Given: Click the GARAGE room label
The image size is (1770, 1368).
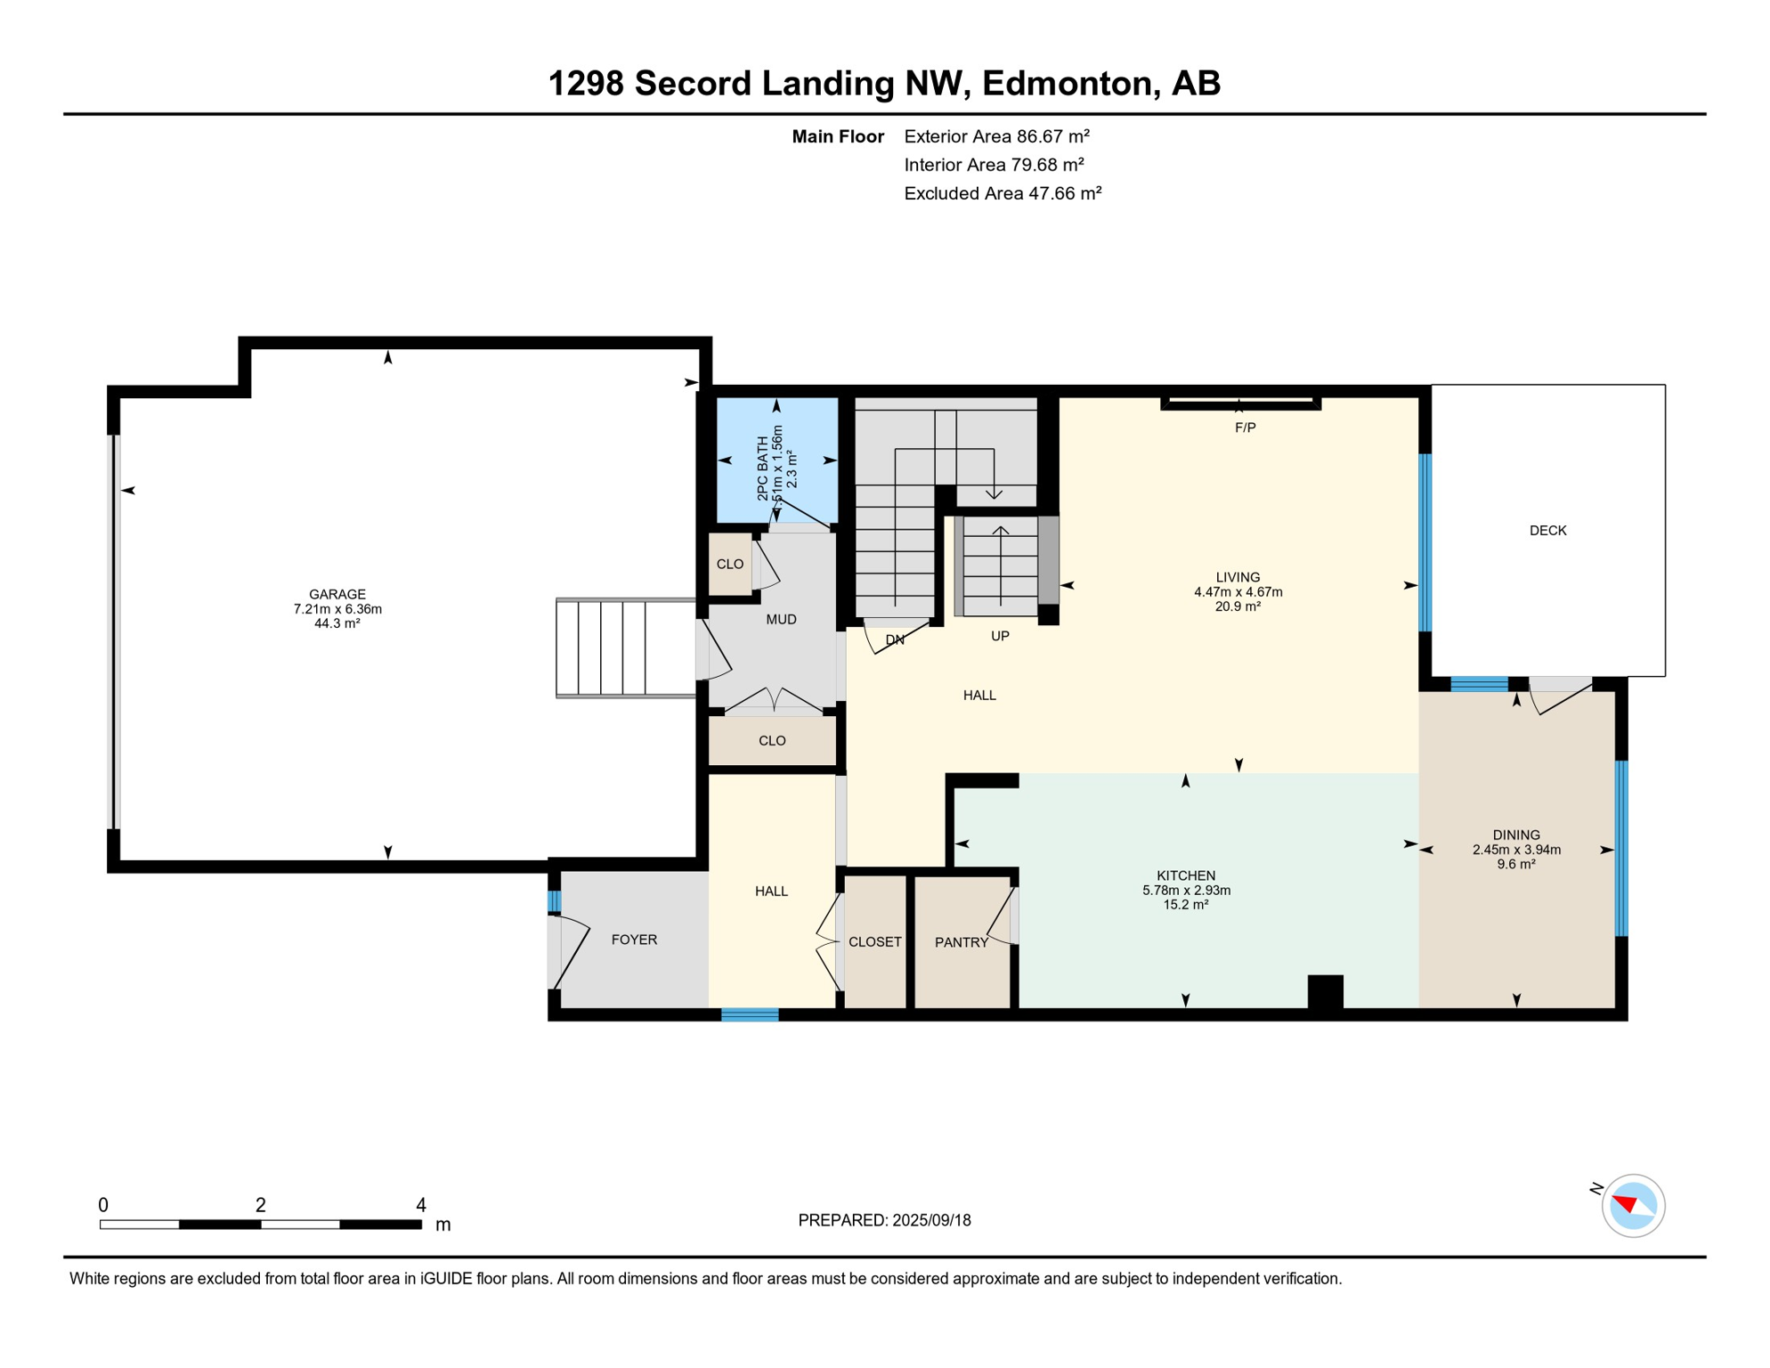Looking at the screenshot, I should [x=337, y=594].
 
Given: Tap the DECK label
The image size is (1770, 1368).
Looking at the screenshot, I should [x=1547, y=531].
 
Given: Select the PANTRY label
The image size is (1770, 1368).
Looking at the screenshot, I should [x=961, y=942].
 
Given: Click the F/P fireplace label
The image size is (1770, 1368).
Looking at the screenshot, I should [x=1245, y=428].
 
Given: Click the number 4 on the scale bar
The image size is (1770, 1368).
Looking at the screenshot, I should [x=420, y=1205].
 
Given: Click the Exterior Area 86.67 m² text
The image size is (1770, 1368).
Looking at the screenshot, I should [x=996, y=136].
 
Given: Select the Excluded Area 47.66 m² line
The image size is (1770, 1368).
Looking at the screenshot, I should [x=1003, y=193].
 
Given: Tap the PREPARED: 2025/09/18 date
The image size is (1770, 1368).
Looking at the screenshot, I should [x=884, y=1220].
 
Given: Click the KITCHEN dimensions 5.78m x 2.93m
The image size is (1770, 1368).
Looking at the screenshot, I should [x=1186, y=891].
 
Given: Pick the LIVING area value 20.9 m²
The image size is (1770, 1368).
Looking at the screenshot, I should [x=1238, y=607].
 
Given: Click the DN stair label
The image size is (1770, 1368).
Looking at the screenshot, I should [x=895, y=639].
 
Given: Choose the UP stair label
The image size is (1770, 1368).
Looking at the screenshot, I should [x=1000, y=637].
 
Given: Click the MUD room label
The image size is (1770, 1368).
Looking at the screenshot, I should [x=781, y=620].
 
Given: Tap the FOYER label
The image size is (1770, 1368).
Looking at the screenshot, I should [x=634, y=940].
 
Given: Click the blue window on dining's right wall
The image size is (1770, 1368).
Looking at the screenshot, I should [x=1621, y=848].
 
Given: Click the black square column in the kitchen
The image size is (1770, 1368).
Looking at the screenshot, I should [x=1325, y=991].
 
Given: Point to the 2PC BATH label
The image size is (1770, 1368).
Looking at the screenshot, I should [x=762, y=468].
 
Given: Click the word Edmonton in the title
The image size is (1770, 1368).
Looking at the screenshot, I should [x=1068, y=83].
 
